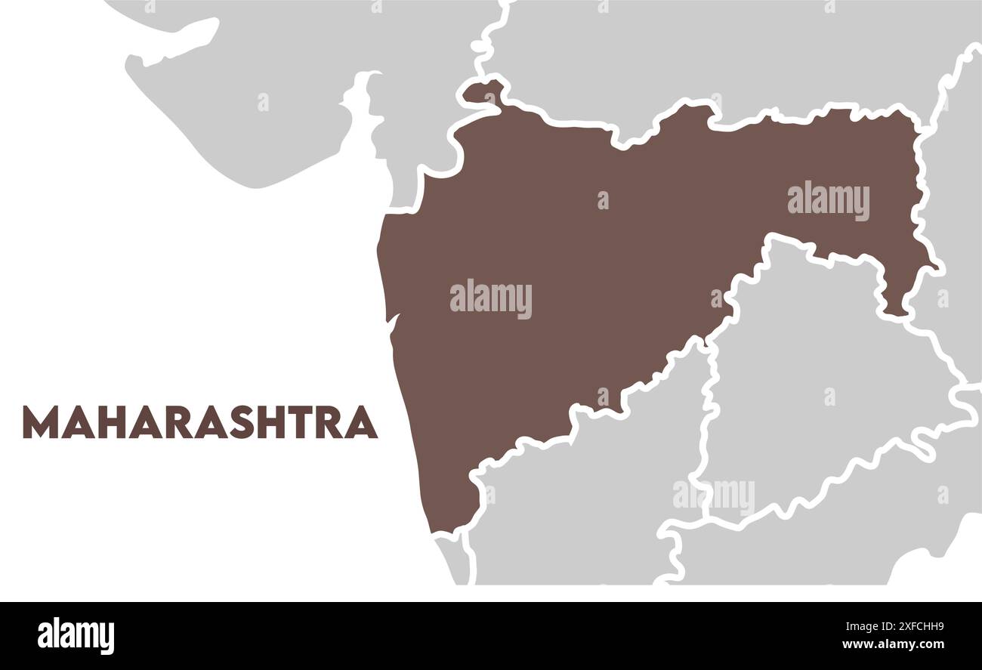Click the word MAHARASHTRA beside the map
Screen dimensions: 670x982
point(200,422)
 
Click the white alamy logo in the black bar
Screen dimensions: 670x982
point(76,634)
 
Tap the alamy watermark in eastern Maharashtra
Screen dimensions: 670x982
point(828,201)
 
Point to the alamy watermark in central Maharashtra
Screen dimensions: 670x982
point(490,299)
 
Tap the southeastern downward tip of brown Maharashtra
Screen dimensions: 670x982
point(895,306)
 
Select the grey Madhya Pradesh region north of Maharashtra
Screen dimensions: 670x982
point(680,53)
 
